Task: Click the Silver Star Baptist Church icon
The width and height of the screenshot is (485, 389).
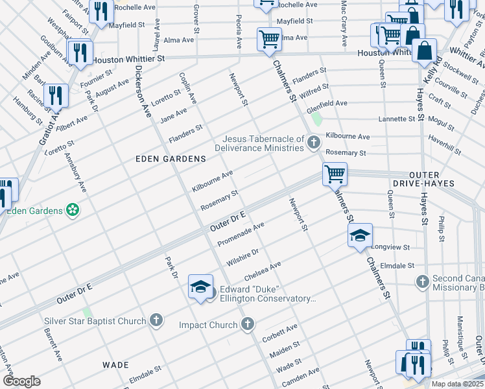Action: tap(156, 320)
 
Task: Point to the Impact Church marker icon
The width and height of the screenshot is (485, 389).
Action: tap(248, 324)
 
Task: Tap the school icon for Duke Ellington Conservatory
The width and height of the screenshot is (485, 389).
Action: tap(201, 286)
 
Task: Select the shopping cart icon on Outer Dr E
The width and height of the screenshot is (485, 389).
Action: tap(335, 174)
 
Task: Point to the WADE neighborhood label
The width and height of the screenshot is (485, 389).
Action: tap(116, 365)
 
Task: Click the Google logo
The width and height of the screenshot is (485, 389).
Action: tap(21, 381)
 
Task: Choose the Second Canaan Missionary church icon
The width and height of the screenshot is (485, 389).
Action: tap(423, 281)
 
